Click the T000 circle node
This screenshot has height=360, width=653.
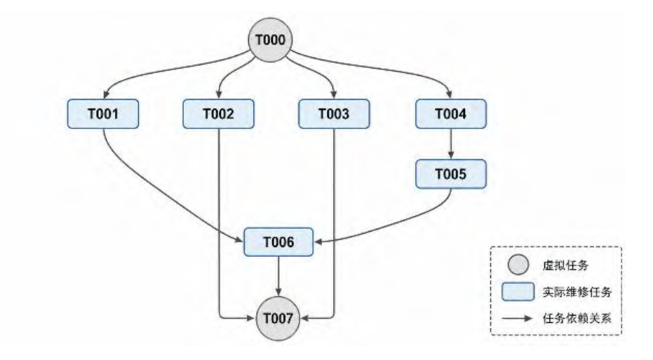click(x=270, y=40)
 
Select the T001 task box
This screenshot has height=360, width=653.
click(x=103, y=114)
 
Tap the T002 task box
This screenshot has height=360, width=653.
click(x=219, y=114)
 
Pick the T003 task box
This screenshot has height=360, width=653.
click(x=334, y=114)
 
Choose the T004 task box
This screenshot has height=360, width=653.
click(x=450, y=114)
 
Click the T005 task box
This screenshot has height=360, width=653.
click(x=450, y=174)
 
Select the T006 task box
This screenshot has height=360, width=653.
click(x=278, y=241)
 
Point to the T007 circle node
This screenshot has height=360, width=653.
click(x=278, y=319)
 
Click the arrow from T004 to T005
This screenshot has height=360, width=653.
click(x=450, y=144)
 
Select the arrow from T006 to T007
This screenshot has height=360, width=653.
click(x=278, y=276)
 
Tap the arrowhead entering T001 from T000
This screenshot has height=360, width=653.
click(x=105, y=95)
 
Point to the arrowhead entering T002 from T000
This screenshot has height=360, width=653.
click(x=219, y=95)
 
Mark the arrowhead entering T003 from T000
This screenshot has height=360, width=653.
click(x=334, y=95)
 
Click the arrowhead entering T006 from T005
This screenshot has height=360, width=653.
click(x=318, y=241)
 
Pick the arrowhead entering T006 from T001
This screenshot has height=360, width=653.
click(x=239, y=240)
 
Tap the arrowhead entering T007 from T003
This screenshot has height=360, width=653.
click(x=304, y=319)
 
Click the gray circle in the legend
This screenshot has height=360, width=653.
click(x=518, y=265)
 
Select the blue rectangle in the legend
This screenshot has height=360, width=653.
click(x=518, y=291)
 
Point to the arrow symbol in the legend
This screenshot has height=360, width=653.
click(x=517, y=319)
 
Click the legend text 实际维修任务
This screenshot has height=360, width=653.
click(x=577, y=292)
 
